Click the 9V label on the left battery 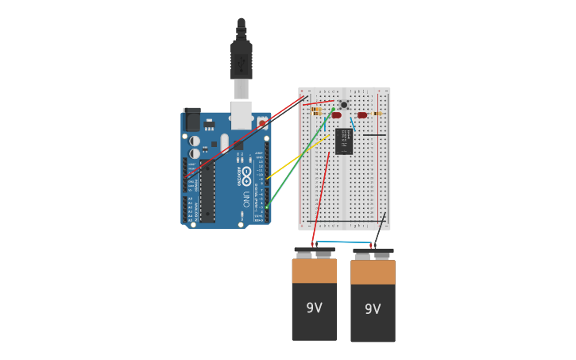point(315,308)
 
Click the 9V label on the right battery point(373,309)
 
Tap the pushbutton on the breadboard point(344,104)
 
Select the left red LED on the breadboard point(336,115)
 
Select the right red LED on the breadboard point(362,115)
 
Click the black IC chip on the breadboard point(345,141)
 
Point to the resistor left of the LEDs point(317,111)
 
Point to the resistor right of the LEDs point(376,114)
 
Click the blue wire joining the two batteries point(343,242)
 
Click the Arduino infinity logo point(246,173)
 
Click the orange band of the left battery point(315,271)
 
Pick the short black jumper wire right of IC point(374,135)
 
